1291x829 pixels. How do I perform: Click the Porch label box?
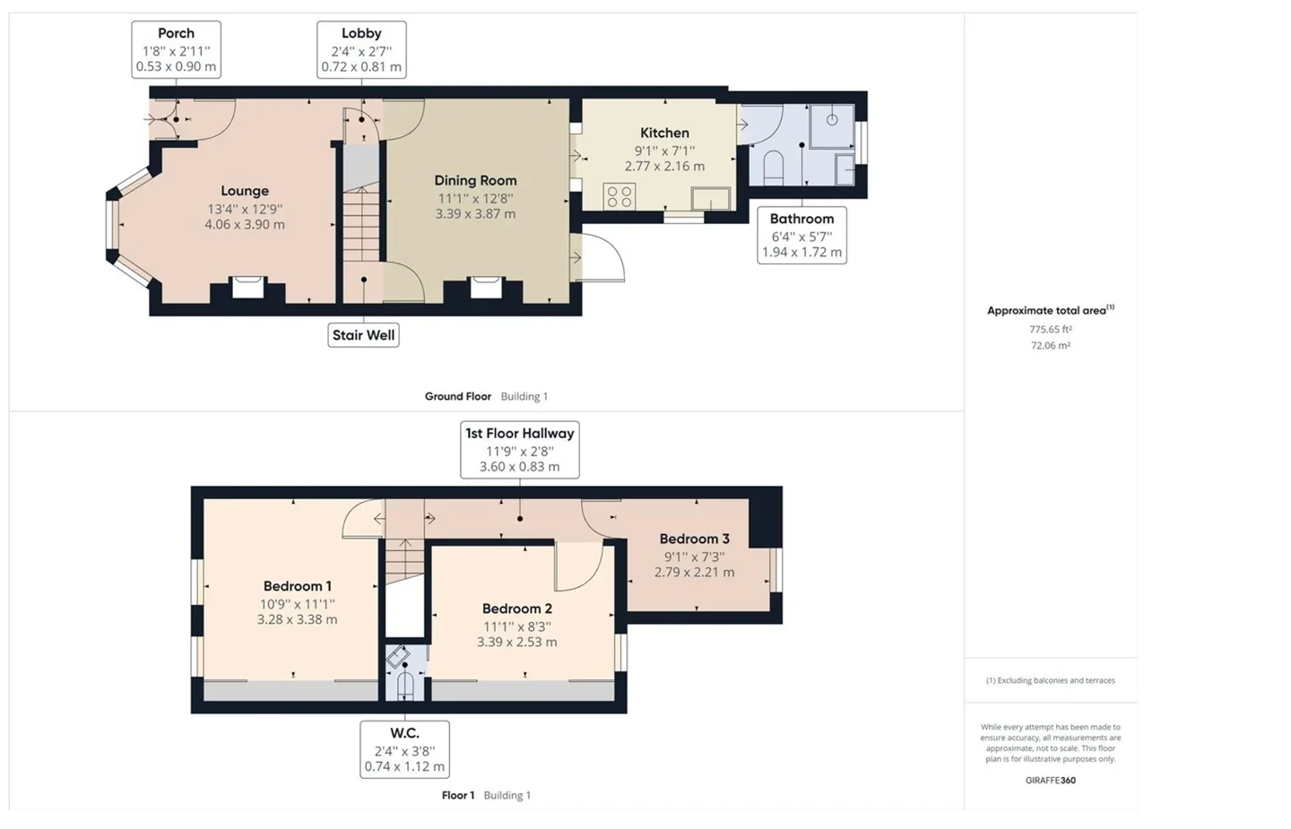pyautogui.click(x=176, y=49)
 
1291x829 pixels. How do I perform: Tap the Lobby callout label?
pyautogui.click(x=361, y=49)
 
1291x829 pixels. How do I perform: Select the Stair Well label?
pyautogui.click(x=364, y=334)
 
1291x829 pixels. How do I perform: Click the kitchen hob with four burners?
pyautogui.click(x=620, y=195)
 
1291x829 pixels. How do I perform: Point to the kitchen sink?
pyautogui.click(x=711, y=199)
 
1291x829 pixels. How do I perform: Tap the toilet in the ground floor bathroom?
pyautogui.click(x=773, y=168)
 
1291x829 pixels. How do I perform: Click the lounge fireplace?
pyautogui.click(x=247, y=287)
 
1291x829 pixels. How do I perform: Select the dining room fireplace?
pyautogui.click(x=486, y=287)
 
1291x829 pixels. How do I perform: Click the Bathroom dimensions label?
pyautogui.click(x=801, y=236)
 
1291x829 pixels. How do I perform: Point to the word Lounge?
pyautogui.click(x=245, y=191)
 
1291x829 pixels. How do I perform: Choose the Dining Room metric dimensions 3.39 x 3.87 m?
pyautogui.click(x=475, y=213)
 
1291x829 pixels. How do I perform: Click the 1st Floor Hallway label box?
pyautogui.click(x=520, y=449)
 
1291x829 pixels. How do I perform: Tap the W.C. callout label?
pyautogui.click(x=404, y=749)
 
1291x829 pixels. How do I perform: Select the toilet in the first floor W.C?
pyautogui.click(x=405, y=687)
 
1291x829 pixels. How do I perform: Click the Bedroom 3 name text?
pyautogui.click(x=695, y=539)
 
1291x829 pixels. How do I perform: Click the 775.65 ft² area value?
pyautogui.click(x=1051, y=330)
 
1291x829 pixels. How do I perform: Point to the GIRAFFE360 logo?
pyautogui.click(x=1051, y=781)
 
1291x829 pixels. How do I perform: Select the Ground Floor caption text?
pyautogui.click(x=458, y=396)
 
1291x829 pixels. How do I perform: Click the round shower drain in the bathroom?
pyautogui.click(x=832, y=120)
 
